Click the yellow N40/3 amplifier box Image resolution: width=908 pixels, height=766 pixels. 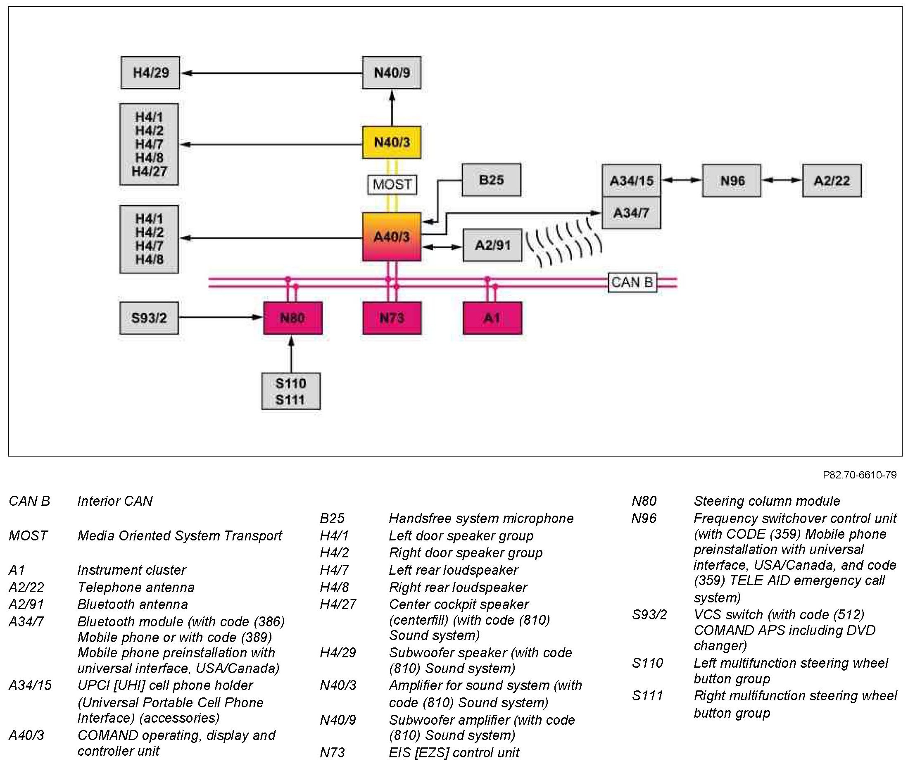(x=391, y=142)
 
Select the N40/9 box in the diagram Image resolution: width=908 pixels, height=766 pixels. (x=391, y=73)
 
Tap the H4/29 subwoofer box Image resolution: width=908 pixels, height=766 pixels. (x=150, y=73)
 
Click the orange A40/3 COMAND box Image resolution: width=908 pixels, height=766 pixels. (x=391, y=237)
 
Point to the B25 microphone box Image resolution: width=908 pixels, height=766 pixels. (x=491, y=180)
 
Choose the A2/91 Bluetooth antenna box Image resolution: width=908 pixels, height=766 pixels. (x=492, y=245)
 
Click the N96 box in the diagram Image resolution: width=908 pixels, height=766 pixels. (x=731, y=181)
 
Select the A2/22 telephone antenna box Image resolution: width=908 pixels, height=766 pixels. (x=832, y=181)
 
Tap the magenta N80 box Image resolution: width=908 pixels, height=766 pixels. (x=292, y=318)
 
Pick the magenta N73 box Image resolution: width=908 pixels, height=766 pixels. (x=392, y=318)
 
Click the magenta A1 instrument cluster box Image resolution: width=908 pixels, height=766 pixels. (x=492, y=318)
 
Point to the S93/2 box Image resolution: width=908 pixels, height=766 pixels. (x=149, y=318)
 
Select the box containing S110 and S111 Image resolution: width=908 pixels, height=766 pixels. (x=291, y=391)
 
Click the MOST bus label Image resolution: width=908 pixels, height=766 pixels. (x=392, y=185)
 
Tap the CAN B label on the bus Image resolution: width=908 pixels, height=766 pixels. (x=632, y=282)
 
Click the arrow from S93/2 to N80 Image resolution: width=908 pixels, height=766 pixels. (x=221, y=317)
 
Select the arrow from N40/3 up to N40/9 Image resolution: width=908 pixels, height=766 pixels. (x=392, y=108)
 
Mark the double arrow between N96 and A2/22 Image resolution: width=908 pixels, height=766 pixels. (x=782, y=180)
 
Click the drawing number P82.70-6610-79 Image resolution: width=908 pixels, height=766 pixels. (x=859, y=475)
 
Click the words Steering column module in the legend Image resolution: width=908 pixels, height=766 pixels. (x=766, y=501)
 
